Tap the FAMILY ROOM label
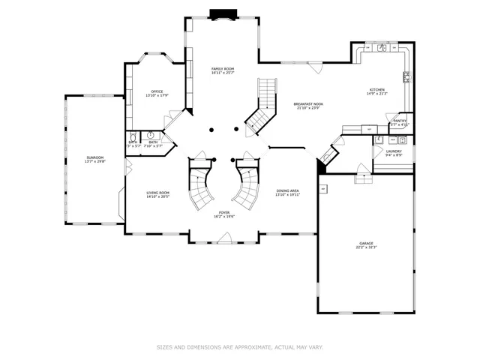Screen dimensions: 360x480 coord(223,70)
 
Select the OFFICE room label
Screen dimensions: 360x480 coord(157,93)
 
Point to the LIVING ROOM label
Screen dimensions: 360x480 coord(157,194)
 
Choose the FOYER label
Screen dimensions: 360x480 coord(224,213)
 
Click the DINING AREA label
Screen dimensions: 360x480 coord(287,192)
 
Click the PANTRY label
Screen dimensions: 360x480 coord(400,121)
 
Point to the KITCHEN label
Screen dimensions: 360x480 coord(376,90)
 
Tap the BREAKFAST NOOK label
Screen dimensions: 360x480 coord(308,105)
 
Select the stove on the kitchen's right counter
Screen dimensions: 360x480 coord(406,76)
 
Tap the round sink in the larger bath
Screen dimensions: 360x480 coord(151,136)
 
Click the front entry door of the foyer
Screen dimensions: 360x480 coord(223,238)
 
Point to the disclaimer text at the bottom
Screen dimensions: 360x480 coord(240,347)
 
